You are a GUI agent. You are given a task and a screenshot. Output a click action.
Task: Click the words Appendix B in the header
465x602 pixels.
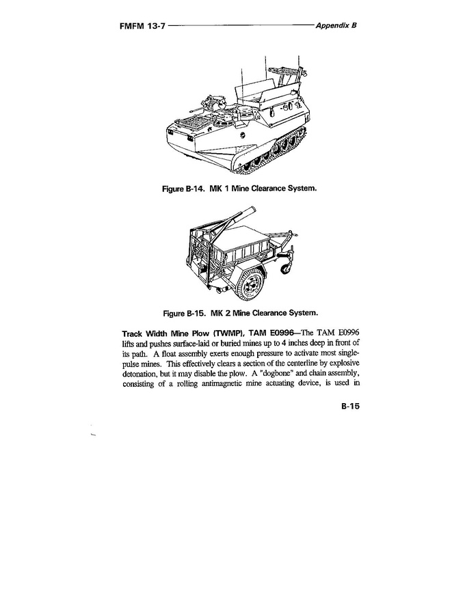337,25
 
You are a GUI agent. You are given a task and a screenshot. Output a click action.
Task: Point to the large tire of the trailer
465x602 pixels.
251,284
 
